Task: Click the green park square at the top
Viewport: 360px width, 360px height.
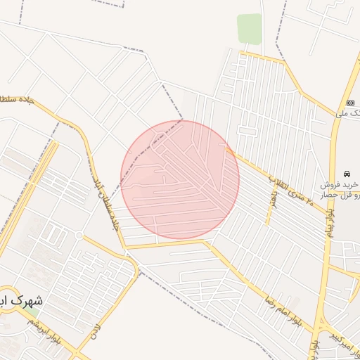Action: click(x=249, y=29)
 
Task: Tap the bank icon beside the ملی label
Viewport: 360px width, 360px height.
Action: click(x=351, y=103)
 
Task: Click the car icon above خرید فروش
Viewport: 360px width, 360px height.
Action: click(x=347, y=173)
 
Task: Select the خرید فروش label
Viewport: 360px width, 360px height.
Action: click(x=338, y=184)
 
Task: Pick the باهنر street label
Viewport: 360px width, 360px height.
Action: click(x=273, y=199)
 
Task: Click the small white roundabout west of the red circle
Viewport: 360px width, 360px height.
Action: click(x=79, y=235)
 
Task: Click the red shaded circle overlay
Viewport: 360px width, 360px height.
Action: click(x=180, y=180)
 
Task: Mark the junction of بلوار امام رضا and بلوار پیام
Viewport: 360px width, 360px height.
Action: click(x=320, y=323)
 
